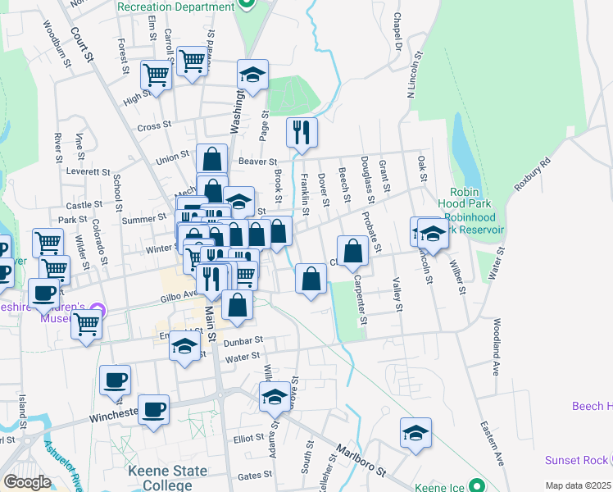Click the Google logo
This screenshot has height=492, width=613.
pyautogui.click(x=28, y=482)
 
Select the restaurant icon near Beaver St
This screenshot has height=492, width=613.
pyautogui.click(x=302, y=131)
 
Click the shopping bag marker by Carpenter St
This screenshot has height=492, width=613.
pyautogui.click(x=352, y=251)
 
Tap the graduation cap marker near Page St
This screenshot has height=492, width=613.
pyautogui.click(x=253, y=75)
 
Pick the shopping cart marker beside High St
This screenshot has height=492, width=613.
pyautogui.click(x=155, y=75)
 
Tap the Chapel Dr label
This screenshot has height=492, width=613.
pyautogui.click(x=397, y=29)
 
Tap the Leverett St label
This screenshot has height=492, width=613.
pyautogui.click(x=89, y=172)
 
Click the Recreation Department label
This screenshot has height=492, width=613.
pyautogui.click(x=175, y=7)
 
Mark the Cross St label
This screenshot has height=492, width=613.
pyautogui.click(x=153, y=127)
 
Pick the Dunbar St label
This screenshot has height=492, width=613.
pyautogui.click(x=244, y=340)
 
